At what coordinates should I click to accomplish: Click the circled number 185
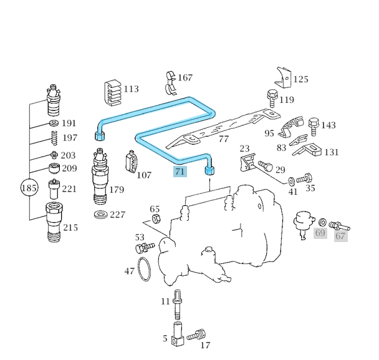click(29, 187)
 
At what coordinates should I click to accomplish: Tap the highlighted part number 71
click(180, 172)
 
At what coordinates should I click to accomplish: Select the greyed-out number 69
click(320, 233)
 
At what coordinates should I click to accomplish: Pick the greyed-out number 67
click(340, 235)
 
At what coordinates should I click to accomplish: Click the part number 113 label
click(131, 89)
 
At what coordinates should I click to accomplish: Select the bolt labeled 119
click(272, 99)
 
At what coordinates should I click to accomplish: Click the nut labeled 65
click(157, 220)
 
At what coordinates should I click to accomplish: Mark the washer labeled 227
click(100, 215)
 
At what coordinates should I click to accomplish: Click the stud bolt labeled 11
click(178, 303)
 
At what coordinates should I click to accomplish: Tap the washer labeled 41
click(292, 182)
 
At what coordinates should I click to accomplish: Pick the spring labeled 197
click(54, 138)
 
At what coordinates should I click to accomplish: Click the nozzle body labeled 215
click(54, 223)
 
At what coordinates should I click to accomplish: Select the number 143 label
click(329, 125)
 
